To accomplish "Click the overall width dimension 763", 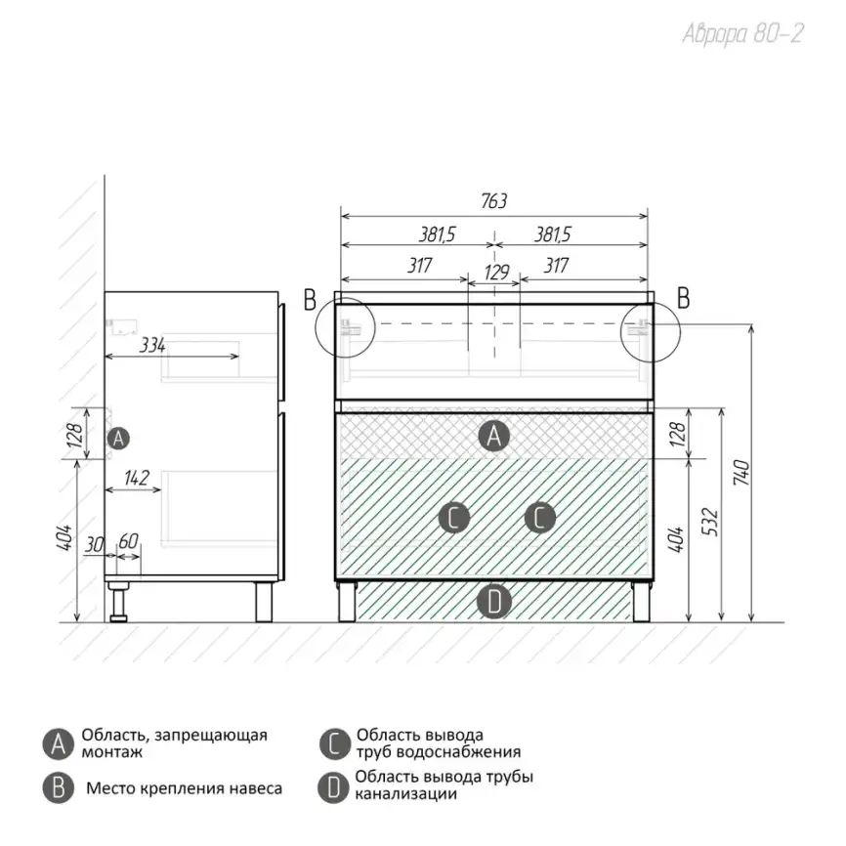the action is click(x=493, y=200).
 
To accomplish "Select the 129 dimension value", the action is click(x=496, y=272).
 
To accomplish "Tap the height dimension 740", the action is click(x=741, y=473).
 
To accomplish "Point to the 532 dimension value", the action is click(x=711, y=522).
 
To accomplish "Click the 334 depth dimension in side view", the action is click(x=152, y=345).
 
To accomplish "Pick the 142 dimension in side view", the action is click(x=137, y=478).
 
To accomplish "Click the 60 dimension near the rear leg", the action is click(x=128, y=540).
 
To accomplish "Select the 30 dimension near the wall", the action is click(x=95, y=545).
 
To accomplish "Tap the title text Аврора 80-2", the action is click(x=743, y=33).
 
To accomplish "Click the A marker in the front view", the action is click(x=493, y=436).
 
